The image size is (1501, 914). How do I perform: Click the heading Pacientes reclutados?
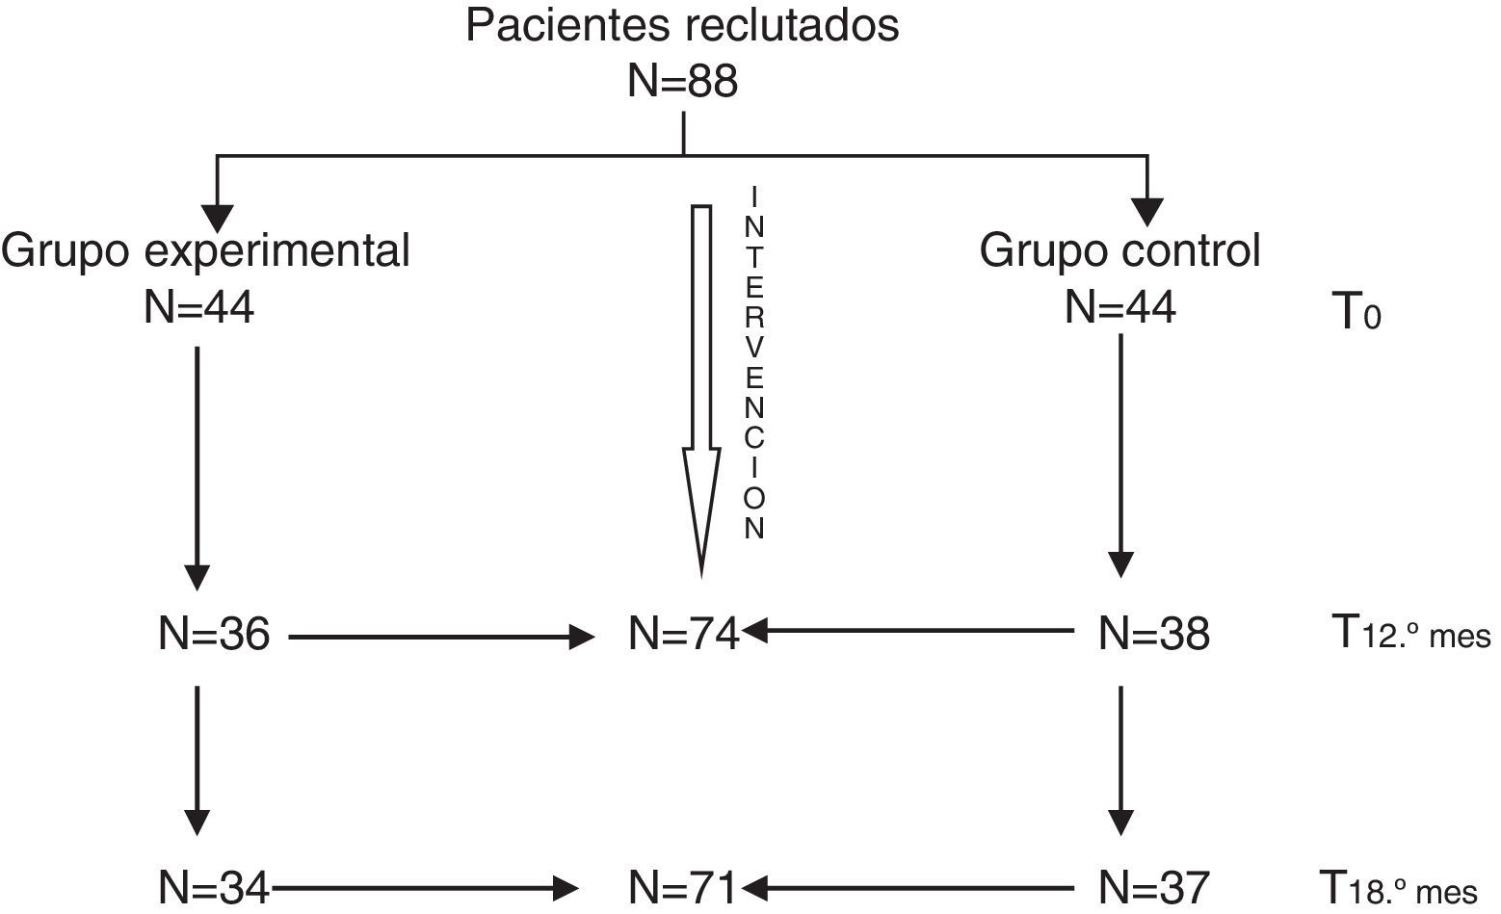[x=681, y=26]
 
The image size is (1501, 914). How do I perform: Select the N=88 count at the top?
[x=682, y=81]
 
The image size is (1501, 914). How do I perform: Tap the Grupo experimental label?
[x=205, y=251]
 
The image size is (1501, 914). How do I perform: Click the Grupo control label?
[x=1119, y=251]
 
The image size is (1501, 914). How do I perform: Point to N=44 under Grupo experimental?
[x=198, y=308]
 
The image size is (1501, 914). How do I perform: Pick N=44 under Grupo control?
[x=1119, y=308]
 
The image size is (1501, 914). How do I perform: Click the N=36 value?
[x=214, y=635]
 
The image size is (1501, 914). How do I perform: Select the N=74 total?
[x=683, y=635]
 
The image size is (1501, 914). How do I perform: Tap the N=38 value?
[x=1153, y=635]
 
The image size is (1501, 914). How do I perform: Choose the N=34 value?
[x=214, y=885]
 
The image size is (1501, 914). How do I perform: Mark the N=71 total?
[x=682, y=885]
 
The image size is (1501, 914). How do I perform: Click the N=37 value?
[x=1153, y=885]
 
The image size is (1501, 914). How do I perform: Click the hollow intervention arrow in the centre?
[x=701, y=385]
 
